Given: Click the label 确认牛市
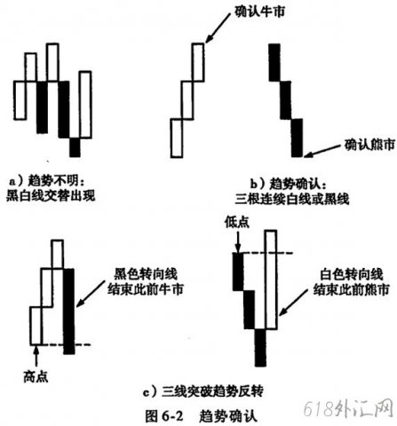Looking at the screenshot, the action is [259, 12].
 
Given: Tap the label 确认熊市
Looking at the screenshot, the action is [369, 145].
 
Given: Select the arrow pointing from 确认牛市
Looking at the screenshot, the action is [218, 28].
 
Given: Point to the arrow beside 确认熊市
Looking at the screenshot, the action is [323, 150].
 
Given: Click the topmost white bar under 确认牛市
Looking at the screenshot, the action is [198, 62].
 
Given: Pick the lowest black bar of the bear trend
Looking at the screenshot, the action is [297, 138].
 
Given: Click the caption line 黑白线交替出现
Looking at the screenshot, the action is [51, 195].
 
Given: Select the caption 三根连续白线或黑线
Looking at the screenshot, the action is [292, 199].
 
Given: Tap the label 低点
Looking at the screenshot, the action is [237, 222].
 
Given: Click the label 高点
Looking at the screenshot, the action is [36, 377].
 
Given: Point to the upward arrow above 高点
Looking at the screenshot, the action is [36, 357].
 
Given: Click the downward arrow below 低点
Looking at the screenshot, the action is [237, 242].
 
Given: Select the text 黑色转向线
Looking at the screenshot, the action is [146, 274].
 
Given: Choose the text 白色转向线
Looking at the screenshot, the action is [351, 274].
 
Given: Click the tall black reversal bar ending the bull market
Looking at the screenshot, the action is [69, 312].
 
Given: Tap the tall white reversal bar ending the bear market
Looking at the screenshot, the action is [272, 280].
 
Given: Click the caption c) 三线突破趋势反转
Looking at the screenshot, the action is [202, 392].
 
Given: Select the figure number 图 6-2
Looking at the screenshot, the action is [164, 416].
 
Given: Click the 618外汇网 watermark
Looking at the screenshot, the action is [349, 410].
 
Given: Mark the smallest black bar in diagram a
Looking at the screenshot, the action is [75, 147].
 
